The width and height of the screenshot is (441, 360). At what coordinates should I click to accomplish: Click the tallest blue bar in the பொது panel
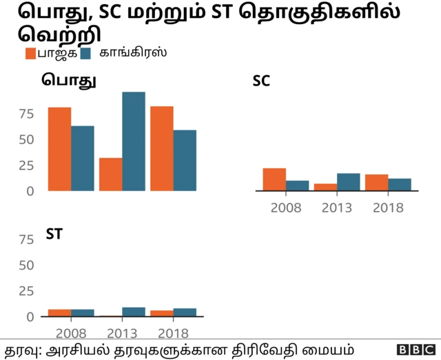[134, 141]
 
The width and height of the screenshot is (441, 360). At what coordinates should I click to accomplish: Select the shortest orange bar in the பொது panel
[110, 174]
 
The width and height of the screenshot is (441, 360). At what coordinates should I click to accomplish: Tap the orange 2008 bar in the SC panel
[274, 179]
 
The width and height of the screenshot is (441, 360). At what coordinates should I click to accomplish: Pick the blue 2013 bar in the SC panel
[348, 182]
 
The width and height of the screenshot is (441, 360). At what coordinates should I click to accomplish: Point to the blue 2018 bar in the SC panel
[399, 184]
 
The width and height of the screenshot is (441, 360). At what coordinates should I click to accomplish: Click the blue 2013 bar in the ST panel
[134, 312]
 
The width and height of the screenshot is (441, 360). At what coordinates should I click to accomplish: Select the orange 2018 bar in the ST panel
[161, 314]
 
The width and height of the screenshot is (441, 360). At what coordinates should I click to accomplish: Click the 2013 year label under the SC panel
[336, 207]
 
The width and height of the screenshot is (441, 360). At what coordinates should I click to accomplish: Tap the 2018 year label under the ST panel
[173, 333]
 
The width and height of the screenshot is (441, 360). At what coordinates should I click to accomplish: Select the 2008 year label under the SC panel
[285, 207]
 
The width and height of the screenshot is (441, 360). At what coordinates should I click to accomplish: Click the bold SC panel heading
[261, 81]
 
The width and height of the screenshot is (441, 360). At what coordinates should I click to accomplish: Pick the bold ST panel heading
[54, 234]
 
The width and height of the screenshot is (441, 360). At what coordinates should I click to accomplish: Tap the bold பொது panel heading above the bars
[68, 80]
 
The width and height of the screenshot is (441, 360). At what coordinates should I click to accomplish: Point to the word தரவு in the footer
[21, 348]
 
